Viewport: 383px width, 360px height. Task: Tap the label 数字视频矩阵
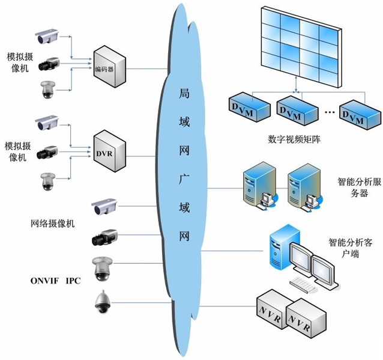[292, 140]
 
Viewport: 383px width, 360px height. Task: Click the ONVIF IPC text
[55, 281]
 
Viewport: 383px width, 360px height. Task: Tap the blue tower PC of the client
[280, 246]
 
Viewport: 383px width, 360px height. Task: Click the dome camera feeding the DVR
[46, 181]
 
